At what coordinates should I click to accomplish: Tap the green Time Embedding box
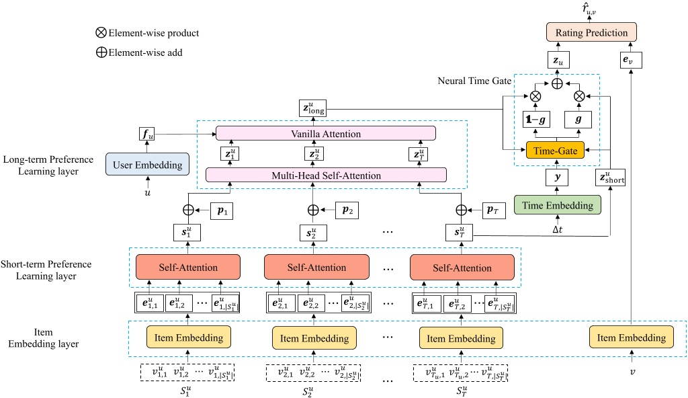coord(558,205)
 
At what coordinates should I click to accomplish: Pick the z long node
coord(312,108)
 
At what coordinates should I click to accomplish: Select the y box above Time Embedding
coord(556,178)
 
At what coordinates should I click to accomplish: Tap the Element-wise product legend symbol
coord(101,32)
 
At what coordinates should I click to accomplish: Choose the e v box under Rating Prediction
coord(632,62)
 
